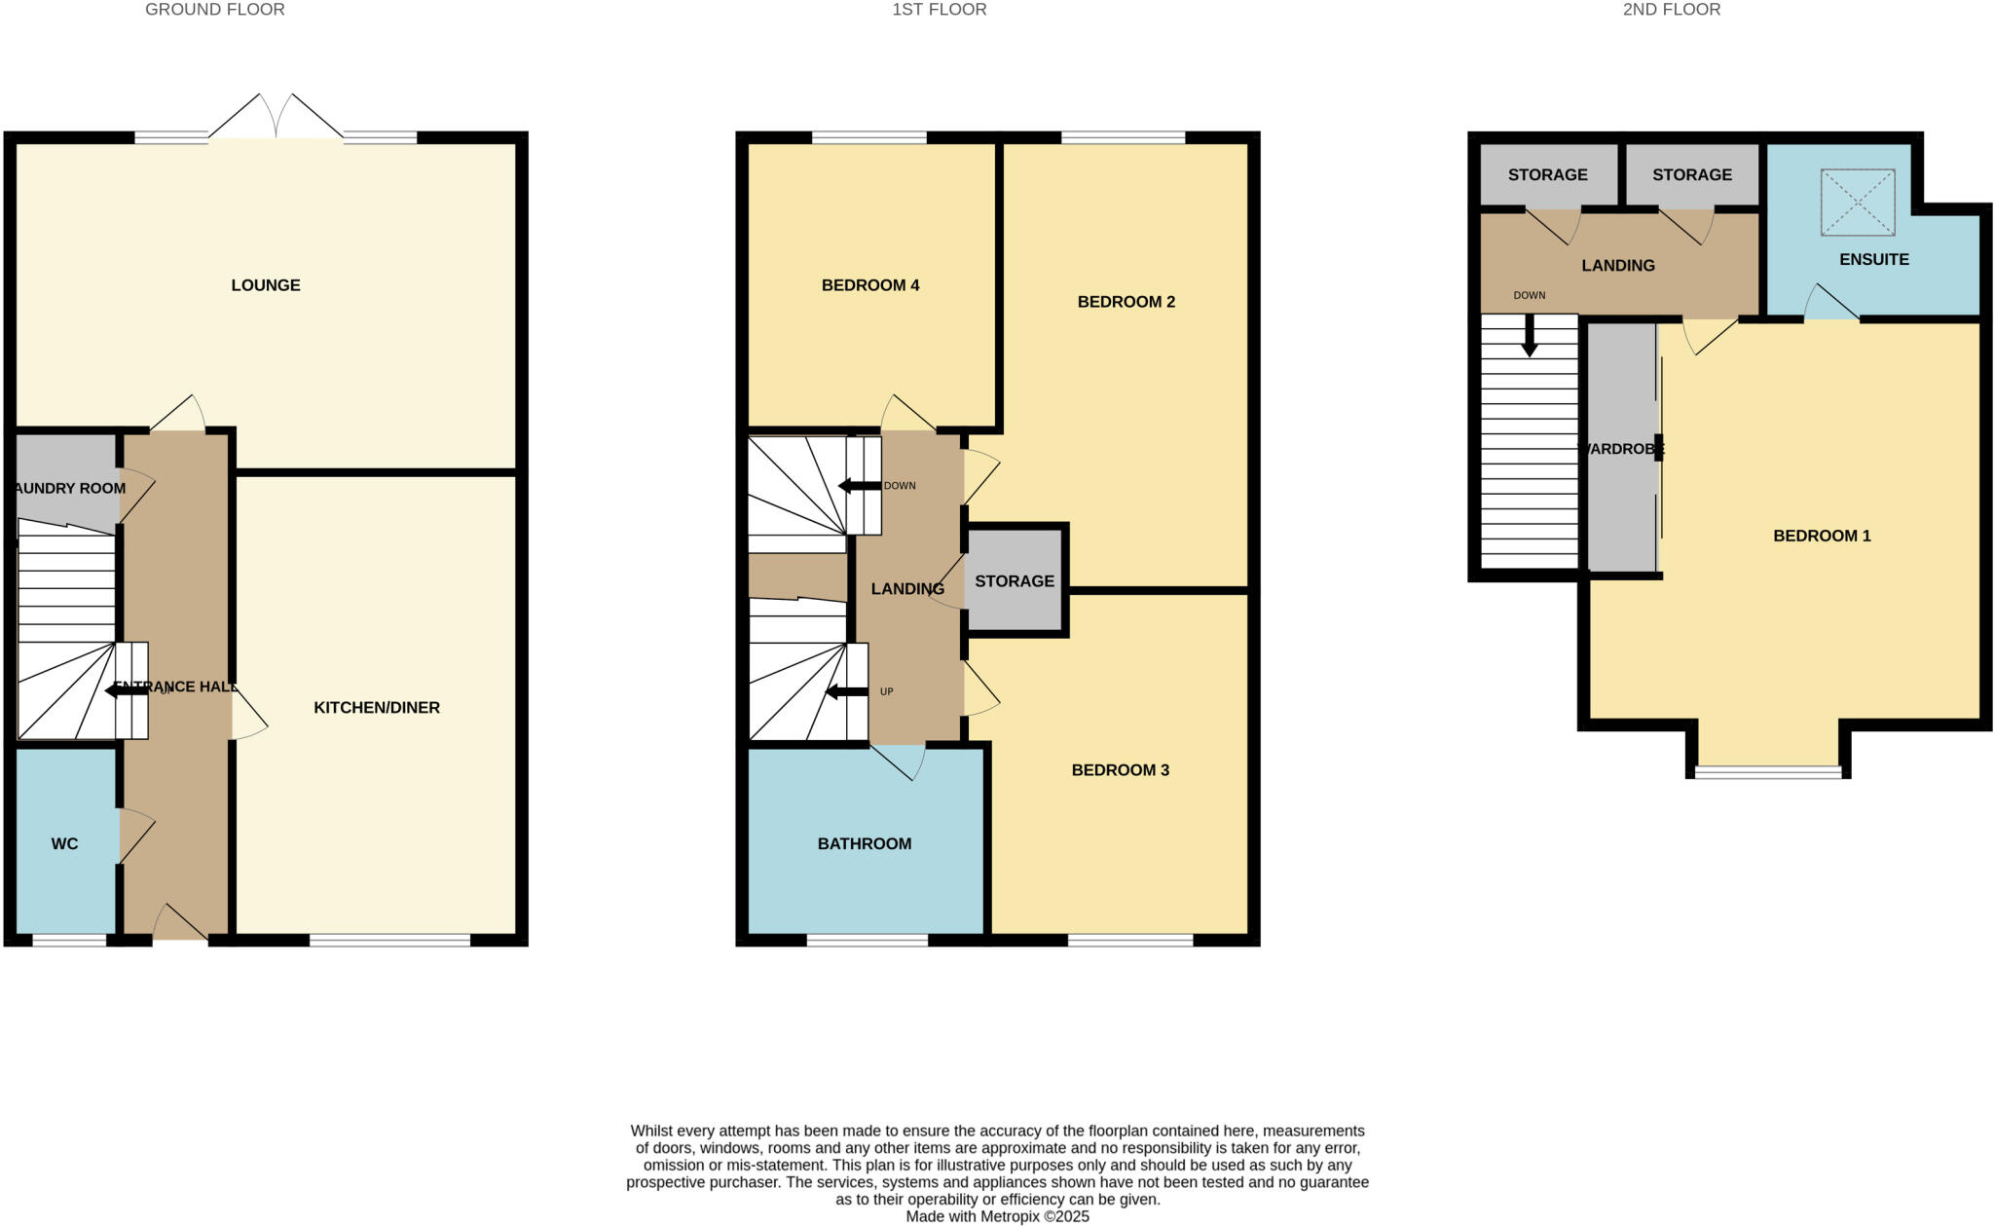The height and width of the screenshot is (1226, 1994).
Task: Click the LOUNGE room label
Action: pos(266,285)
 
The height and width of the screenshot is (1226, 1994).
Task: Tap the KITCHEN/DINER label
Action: pos(377,708)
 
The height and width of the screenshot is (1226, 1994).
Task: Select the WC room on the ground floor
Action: pos(65,843)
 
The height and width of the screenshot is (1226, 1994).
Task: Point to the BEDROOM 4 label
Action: pos(870,285)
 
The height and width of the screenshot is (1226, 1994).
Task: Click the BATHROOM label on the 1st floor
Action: pos(865,844)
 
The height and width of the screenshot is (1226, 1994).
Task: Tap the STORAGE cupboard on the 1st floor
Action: pos(1015,581)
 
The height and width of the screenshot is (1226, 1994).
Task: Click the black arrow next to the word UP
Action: pos(846,692)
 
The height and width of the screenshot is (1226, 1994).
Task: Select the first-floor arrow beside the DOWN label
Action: pos(859,486)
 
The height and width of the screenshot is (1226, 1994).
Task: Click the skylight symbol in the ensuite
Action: pos(1858,203)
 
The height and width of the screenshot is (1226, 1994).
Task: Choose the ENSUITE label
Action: pos(1874,260)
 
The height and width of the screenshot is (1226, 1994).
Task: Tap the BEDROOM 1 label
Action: pos(1822,536)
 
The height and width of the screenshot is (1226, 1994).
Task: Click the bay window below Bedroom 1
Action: pos(1768,772)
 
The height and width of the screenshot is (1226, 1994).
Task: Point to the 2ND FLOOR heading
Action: pos(1672,10)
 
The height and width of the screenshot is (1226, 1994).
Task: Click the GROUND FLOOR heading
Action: pos(215,10)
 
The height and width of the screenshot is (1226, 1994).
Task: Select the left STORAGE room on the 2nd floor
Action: pos(1547,175)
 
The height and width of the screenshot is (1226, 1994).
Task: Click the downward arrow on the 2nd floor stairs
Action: pos(1530,338)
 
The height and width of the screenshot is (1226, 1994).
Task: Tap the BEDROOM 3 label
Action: pos(1120,770)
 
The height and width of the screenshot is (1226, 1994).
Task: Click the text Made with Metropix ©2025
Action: pos(997,1216)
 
